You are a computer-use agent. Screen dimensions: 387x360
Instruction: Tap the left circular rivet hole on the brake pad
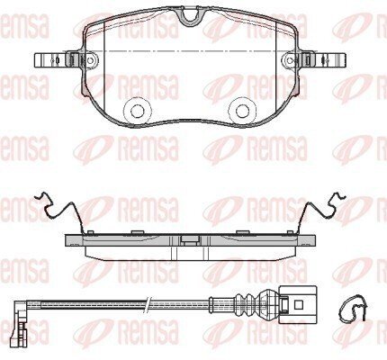pos(138,111)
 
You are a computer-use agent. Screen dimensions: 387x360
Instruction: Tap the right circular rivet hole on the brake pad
pos(242,111)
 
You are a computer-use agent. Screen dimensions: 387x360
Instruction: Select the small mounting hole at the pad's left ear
pos(90,60)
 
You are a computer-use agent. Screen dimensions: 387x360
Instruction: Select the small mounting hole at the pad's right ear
pos(289,60)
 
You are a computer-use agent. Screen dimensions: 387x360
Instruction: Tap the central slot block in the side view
pos(190,239)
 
